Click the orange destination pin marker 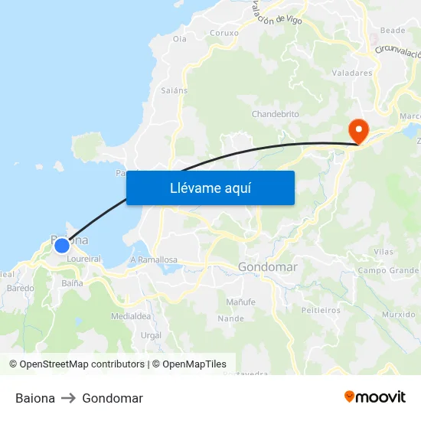coord(357,129)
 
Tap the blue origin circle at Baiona coord(62,246)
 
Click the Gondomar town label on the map coord(268,267)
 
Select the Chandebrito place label coord(276,114)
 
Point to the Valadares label coord(352,73)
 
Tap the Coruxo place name coord(224,33)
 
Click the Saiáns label coord(175,90)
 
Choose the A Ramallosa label coord(154,259)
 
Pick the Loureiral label coord(84,259)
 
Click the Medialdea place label coord(130,315)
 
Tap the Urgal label coord(151,335)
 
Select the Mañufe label coord(240,302)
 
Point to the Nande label coord(230,318)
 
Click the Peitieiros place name coord(321,310)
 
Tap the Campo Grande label coord(388,270)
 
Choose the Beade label coord(393,31)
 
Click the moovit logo coord(375,397)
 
